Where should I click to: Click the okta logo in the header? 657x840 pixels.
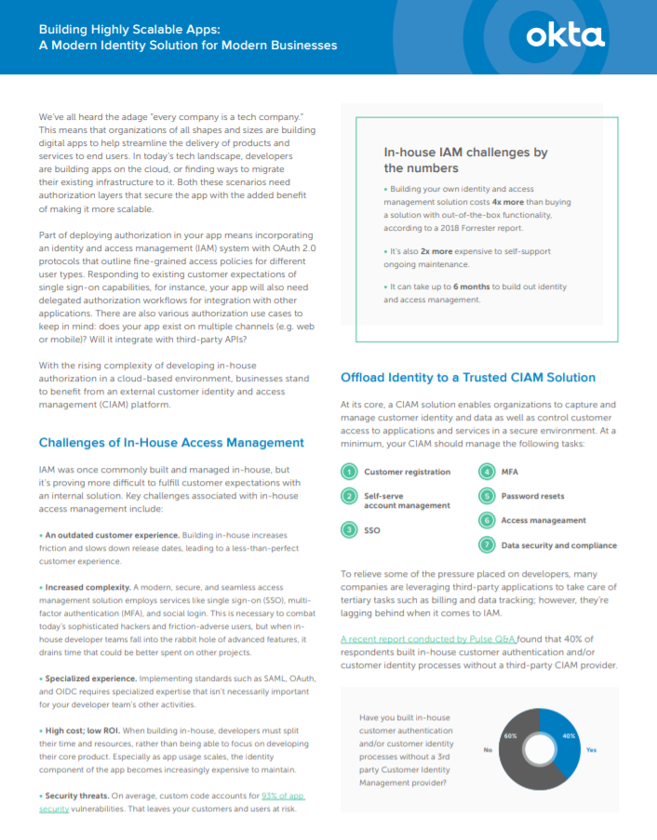[565, 36]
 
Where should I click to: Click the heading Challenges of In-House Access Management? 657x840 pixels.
[171, 443]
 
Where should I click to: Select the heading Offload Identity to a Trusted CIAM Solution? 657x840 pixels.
[468, 378]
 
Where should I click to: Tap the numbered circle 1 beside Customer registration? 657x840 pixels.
[349, 473]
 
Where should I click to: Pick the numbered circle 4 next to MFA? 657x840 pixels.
[486, 473]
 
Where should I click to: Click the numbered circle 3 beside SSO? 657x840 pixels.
[349, 529]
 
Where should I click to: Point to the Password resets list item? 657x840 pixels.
[532, 496]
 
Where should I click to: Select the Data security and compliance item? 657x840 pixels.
[558, 545]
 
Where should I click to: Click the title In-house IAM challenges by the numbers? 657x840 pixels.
[465, 160]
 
